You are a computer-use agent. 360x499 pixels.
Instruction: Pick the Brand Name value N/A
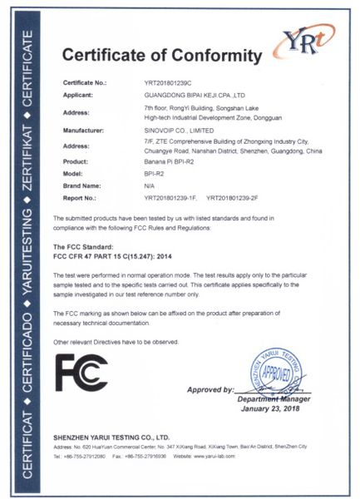click(149, 185)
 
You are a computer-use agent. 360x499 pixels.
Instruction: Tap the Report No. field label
click(81, 198)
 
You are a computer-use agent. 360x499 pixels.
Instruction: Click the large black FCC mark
click(81, 372)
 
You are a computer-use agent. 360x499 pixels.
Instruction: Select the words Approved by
click(210, 389)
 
